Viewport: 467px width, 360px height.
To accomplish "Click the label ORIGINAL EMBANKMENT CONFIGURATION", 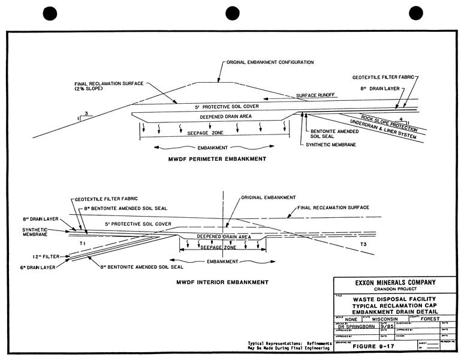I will point(269,62).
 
